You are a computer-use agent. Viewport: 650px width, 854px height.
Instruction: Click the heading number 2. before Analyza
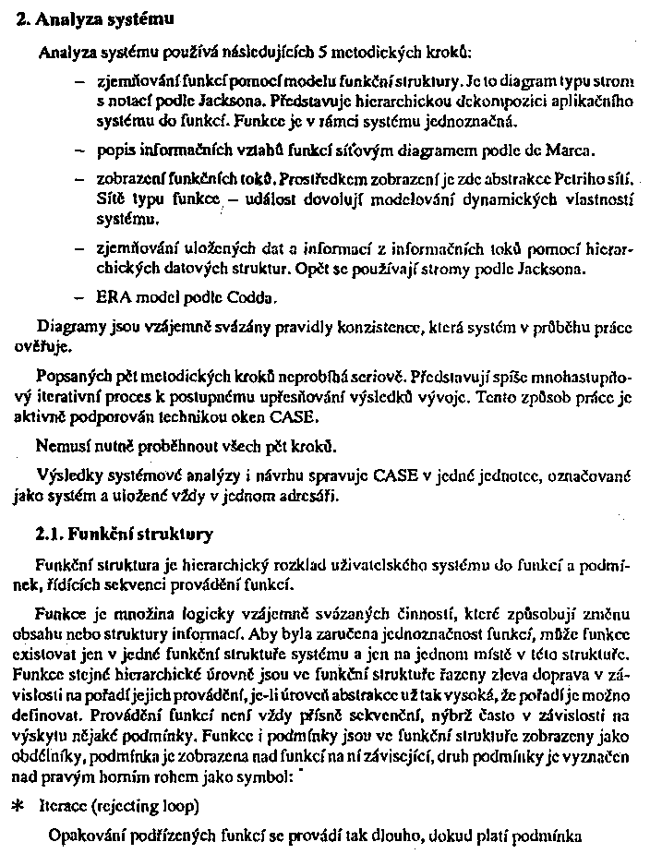coord(25,18)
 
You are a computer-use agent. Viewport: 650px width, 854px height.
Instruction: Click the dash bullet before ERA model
coord(79,297)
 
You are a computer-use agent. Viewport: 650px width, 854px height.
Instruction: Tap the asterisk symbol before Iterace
coord(17,806)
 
